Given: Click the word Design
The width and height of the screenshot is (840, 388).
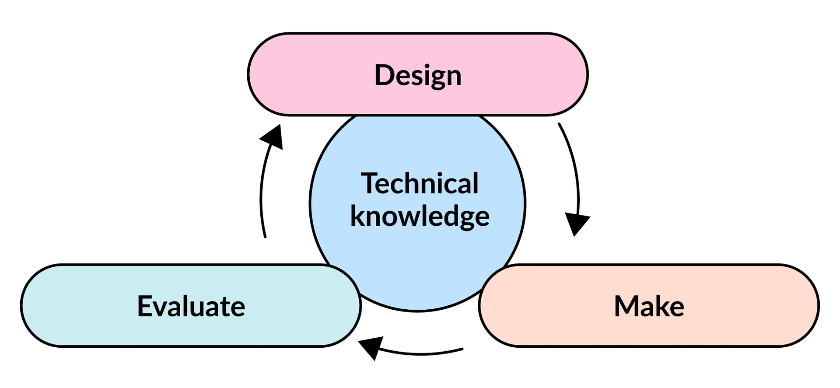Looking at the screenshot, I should pyautogui.click(x=418, y=75).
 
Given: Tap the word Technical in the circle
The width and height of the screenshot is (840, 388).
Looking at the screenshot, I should pyautogui.click(x=420, y=183).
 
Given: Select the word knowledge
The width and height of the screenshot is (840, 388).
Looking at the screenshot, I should pyautogui.click(x=420, y=217).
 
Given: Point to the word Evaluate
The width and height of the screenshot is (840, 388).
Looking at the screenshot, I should pyautogui.click(x=191, y=306).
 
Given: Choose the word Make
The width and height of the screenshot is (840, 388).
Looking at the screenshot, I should pyautogui.click(x=649, y=306).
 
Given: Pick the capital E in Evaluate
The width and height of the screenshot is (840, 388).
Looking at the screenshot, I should pyautogui.click(x=144, y=306).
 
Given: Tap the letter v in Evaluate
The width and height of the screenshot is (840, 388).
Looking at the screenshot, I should pyautogui.click(x=159, y=308).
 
